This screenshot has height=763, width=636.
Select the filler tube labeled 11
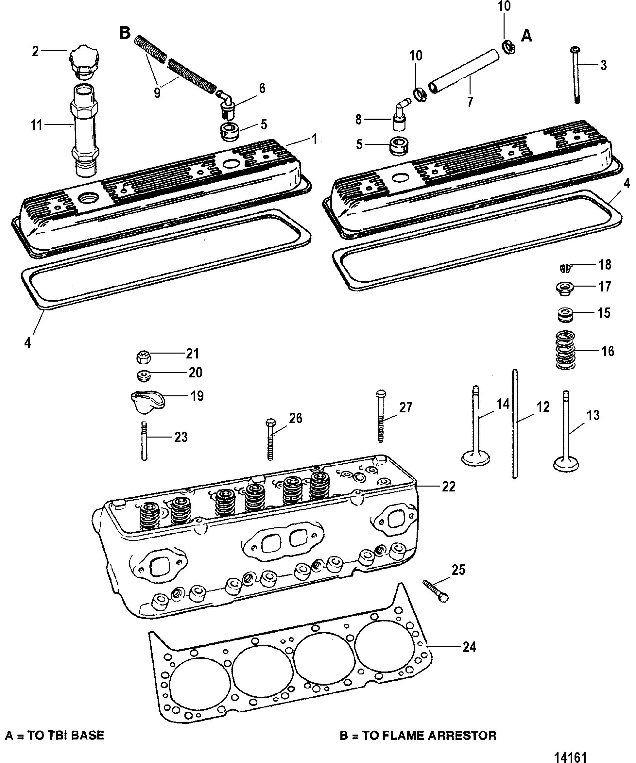click(x=85, y=130)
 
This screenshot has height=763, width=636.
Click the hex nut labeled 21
click(x=143, y=357)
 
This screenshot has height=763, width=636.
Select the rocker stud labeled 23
click(x=144, y=441)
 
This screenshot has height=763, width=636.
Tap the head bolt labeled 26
click(x=270, y=439)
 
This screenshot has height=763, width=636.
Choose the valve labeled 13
click(x=566, y=430)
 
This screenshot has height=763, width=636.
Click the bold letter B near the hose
click(x=125, y=33)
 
